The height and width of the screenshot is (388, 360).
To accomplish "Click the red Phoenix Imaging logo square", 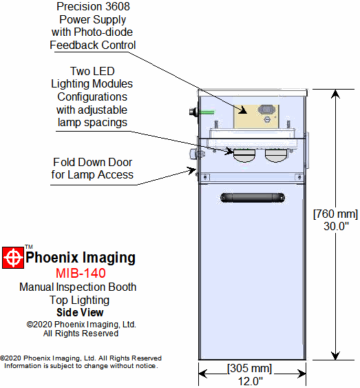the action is coord(13,258).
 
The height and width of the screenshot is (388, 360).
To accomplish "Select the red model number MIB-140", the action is coord(81,273).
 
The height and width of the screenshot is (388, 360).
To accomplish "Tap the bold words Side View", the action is coord(80,312).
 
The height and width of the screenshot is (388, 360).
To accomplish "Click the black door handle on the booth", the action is coord(252,198).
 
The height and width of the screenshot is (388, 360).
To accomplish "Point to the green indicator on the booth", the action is coord(207,112).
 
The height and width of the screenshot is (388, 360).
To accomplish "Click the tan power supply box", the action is coord(257,116).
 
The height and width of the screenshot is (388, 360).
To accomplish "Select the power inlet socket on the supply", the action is coord(266,109).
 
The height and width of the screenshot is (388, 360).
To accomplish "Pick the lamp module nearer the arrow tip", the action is coord(244,155).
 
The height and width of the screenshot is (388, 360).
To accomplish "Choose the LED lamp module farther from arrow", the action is coord(276,155).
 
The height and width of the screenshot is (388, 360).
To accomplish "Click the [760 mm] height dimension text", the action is coord(335,214).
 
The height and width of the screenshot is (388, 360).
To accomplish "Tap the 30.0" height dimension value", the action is coord(336,226).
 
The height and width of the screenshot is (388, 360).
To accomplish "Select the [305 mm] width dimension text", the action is coord(249,368).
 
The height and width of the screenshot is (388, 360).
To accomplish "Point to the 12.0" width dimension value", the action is coord(251,381).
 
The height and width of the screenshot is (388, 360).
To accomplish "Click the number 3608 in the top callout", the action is coord(116,7).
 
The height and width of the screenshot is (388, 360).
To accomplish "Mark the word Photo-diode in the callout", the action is coord(103,32).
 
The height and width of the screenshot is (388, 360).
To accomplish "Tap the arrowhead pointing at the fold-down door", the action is coord(192,170).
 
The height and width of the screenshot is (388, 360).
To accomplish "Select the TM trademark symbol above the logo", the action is coord(29,247).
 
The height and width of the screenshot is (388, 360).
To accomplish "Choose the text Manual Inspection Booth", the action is coord(78,287).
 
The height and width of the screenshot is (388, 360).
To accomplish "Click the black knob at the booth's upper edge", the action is coord(193,112).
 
